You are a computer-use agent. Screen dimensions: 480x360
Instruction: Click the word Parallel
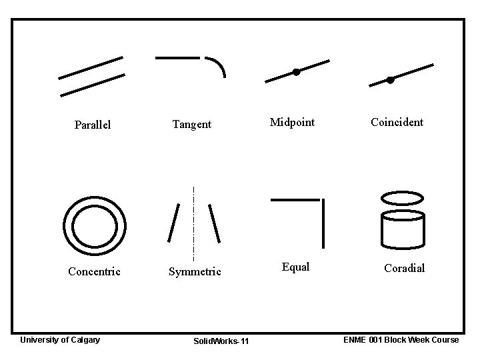[93, 125]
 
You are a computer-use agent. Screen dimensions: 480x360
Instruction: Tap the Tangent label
[192, 124]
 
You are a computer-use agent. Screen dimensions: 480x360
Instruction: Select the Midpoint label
[292, 122]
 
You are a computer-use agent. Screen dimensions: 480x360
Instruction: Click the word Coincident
[397, 122]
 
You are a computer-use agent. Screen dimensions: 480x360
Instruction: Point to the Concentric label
[95, 271]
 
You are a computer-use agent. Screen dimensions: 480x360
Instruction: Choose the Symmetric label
[195, 271]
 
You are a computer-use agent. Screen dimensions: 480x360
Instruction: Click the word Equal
[295, 267]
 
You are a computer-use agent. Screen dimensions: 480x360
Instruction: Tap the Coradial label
[404, 268]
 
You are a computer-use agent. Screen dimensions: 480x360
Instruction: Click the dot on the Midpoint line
[297, 72]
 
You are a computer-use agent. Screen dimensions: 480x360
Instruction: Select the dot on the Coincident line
[391, 80]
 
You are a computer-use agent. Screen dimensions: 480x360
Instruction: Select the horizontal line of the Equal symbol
[295, 199]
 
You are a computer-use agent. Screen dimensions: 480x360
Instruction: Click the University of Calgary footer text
[60, 340]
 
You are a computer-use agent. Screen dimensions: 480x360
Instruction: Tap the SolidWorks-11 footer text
[221, 341]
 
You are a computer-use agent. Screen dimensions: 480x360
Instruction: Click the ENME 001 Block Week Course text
[401, 340]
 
